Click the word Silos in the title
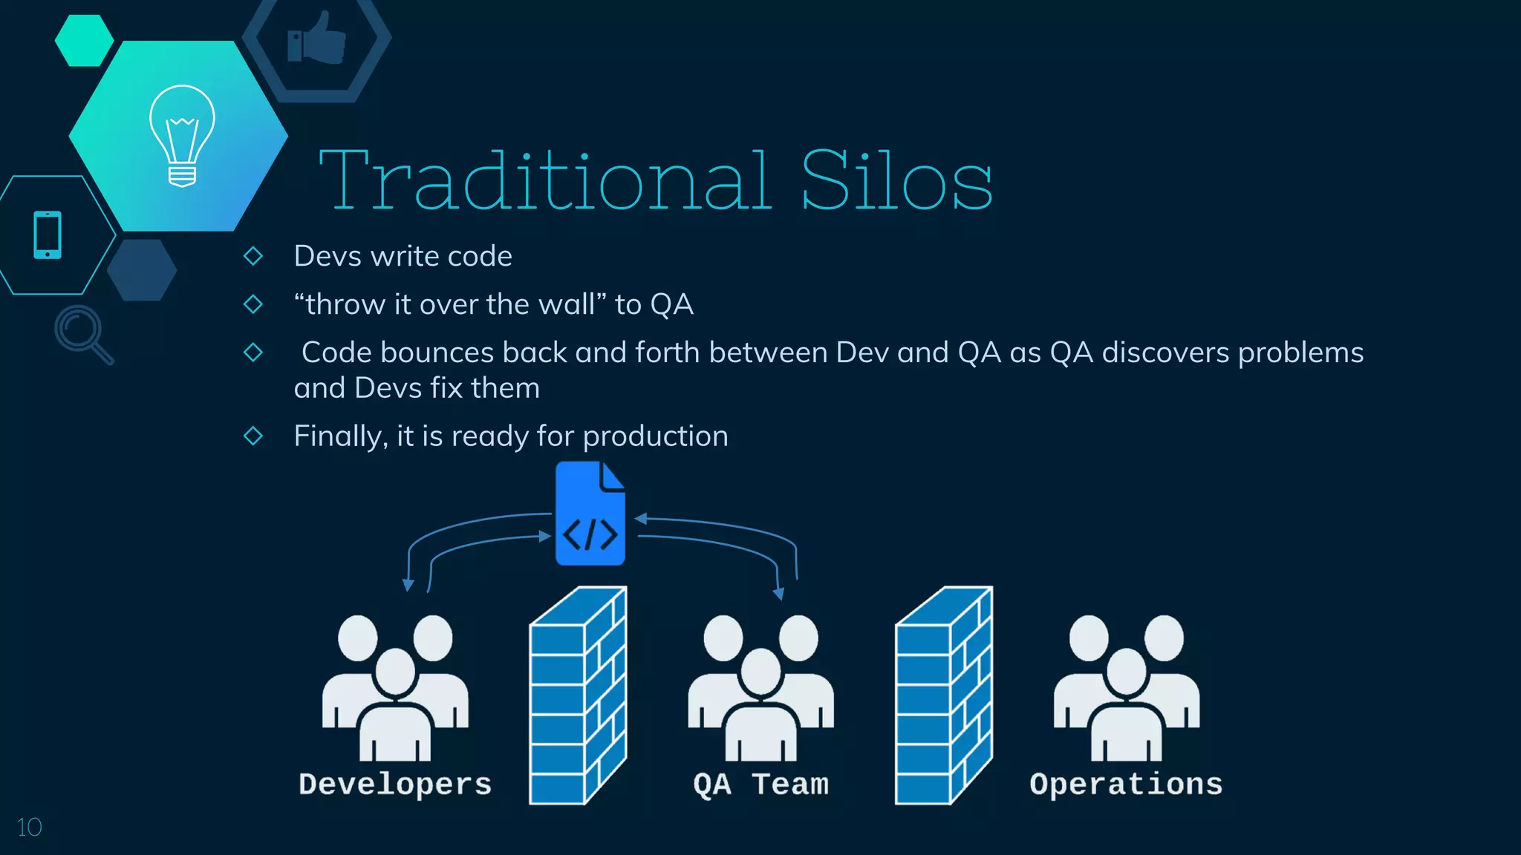tap(896, 181)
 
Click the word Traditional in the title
tap(546, 181)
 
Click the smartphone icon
tap(48, 235)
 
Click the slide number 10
tap(29, 827)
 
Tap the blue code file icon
tap(590, 514)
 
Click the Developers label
tap(395, 784)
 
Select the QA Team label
tap(760, 784)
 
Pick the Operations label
tap(1126, 784)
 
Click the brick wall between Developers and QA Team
tap(578, 696)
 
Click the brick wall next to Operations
tap(943, 696)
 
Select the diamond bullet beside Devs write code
tap(253, 256)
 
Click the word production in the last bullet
tap(655, 436)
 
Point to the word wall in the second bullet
tap(571, 304)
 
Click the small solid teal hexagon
tap(84, 41)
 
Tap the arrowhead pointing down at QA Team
tap(778, 594)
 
